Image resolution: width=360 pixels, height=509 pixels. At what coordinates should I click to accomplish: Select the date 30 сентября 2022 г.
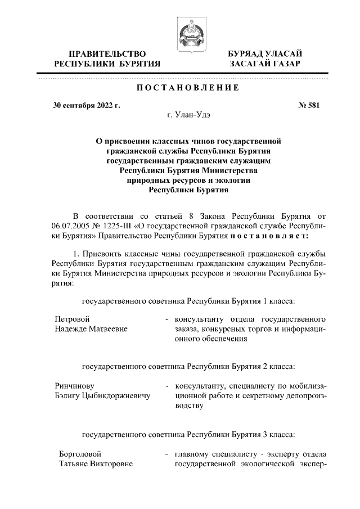pos(87,105)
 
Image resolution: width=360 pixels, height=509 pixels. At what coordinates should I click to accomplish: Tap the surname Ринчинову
pos(75,386)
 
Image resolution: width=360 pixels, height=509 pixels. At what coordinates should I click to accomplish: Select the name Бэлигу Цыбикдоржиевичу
pos(103,397)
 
